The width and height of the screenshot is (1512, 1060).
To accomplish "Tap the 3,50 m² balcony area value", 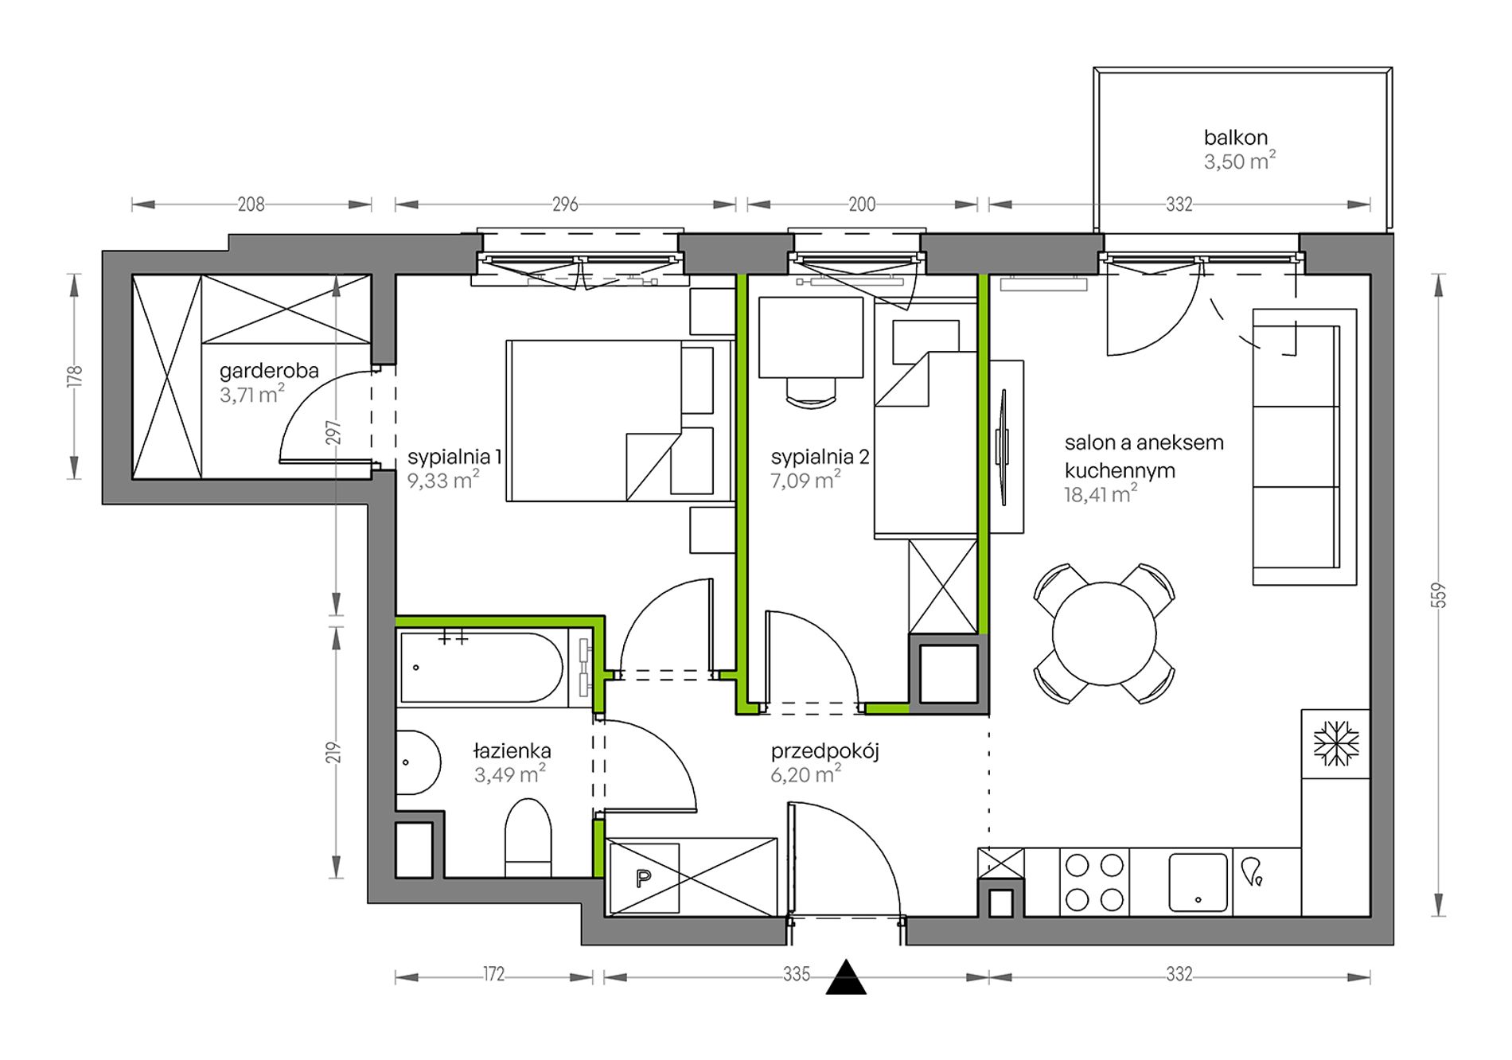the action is [x=1239, y=162].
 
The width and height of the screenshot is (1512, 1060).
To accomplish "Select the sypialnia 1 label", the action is [x=454, y=457].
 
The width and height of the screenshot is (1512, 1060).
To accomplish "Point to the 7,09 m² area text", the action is [x=805, y=480].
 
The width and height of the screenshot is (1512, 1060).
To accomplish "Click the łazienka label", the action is [x=512, y=750].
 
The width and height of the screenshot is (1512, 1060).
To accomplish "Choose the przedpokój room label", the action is [x=824, y=751].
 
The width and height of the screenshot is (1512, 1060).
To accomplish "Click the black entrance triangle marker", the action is [x=845, y=977].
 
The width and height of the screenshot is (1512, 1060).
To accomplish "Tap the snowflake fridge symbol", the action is [x=1336, y=744].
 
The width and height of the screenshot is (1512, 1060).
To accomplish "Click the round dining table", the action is [x=1104, y=633].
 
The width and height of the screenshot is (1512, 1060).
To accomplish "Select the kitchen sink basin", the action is [x=1198, y=882].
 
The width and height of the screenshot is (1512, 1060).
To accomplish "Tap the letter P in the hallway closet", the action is [x=644, y=879].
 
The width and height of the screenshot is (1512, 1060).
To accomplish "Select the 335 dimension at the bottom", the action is [x=796, y=974].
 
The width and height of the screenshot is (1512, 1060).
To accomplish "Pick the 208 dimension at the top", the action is [x=251, y=205].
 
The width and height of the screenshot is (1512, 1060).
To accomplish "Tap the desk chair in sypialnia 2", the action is [x=811, y=392].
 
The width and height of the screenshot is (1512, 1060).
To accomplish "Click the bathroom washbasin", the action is [x=419, y=762].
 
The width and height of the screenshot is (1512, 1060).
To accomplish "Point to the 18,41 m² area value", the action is [x=1101, y=494].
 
